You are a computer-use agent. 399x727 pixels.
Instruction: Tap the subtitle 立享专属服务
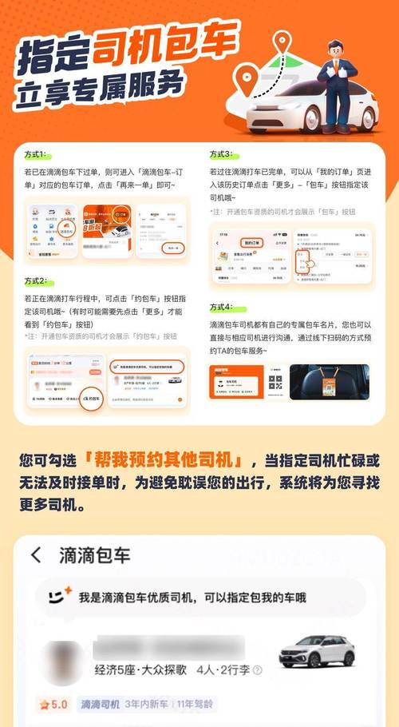[x=97, y=88]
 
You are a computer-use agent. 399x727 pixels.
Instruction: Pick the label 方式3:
[x=222, y=153]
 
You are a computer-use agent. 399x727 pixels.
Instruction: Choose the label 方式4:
[x=222, y=307]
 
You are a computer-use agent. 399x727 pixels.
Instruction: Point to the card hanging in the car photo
[x=327, y=383]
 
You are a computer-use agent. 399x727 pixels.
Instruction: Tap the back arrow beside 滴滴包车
[x=35, y=555]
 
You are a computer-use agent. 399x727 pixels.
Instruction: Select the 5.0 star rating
[x=54, y=705]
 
